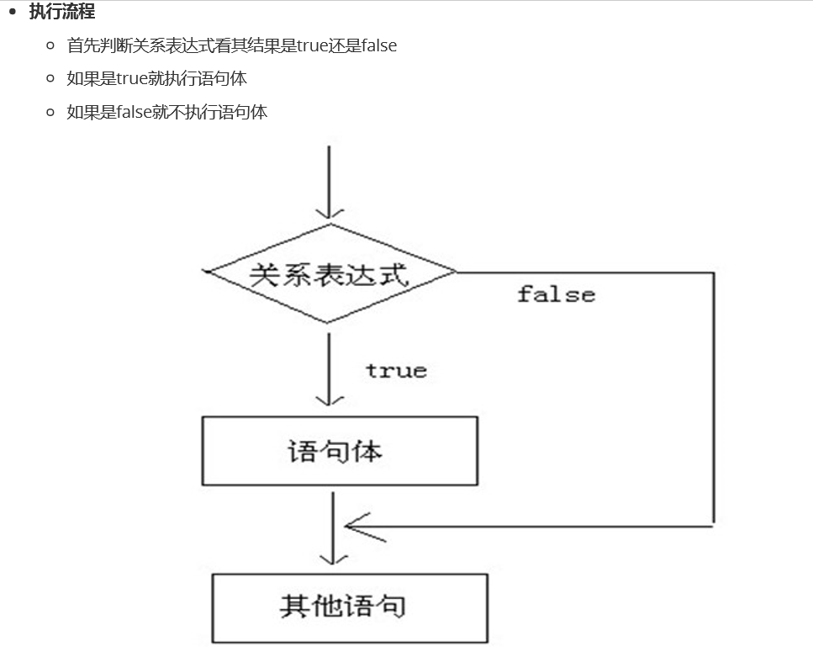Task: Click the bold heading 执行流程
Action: tap(61, 12)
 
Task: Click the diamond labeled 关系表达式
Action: tap(330, 273)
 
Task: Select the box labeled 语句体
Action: tap(340, 451)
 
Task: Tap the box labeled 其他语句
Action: tap(349, 607)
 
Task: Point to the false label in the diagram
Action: tap(556, 294)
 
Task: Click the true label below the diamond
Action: tap(396, 371)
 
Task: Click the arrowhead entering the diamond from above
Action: tap(329, 212)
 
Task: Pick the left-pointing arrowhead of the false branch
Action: tap(356, 527)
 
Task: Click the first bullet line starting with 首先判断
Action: tap(231, 45)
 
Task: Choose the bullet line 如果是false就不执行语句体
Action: tap(166, 112)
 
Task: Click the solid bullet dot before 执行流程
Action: tap(13, 12)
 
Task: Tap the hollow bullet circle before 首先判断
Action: tap(51, 45)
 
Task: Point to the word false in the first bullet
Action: tap(378, 45)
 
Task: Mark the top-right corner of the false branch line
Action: tap(713, 273)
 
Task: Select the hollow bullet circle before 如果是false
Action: tap(51, 112)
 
